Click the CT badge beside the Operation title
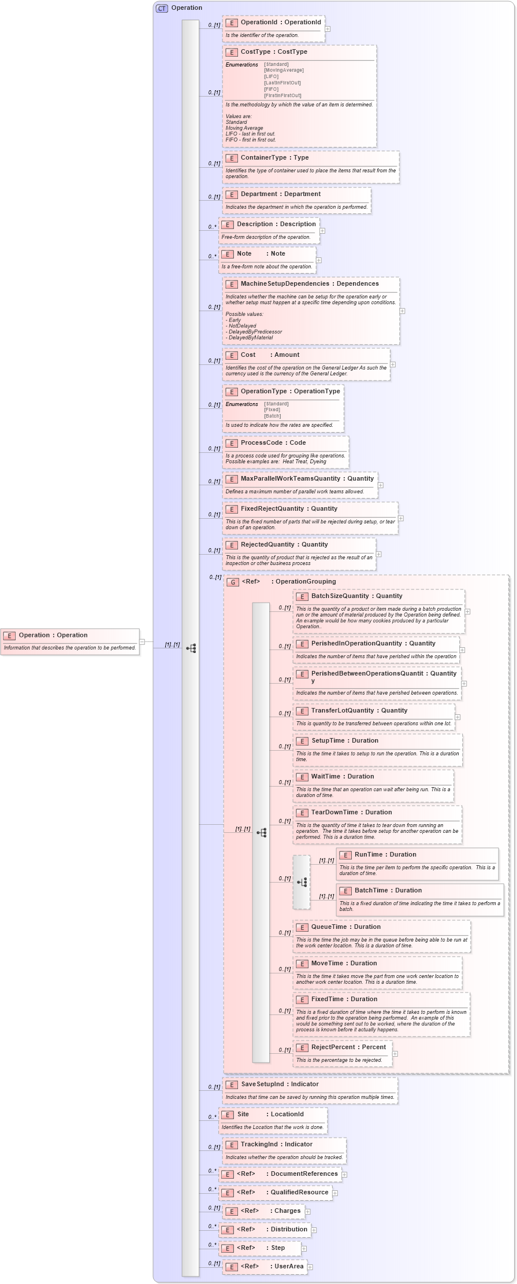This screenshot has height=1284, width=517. point(162,8)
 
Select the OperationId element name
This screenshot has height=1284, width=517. point(259,23)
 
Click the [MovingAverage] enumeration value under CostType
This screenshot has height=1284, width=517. point(284,71)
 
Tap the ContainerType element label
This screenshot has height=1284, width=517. point(263,158)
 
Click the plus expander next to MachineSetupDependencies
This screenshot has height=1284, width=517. point(402,311)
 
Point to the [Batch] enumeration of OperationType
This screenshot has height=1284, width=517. point(273,416)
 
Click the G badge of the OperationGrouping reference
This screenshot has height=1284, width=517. point(233,582)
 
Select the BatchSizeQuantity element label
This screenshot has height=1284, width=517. point(339,596)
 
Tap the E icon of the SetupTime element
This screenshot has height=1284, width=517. point(302,741)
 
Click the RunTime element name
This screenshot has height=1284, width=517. point(369,855)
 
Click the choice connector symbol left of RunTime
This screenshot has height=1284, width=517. point(302,883)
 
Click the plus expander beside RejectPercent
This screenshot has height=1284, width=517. point(395,1054)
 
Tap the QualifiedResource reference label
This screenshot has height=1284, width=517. point(299,1193)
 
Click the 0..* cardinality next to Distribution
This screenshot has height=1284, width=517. point(213,1226)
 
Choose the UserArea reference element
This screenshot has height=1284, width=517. point(289,1267)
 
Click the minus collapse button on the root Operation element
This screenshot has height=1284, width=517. point(142,641)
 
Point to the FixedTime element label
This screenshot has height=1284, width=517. point(327,999)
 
